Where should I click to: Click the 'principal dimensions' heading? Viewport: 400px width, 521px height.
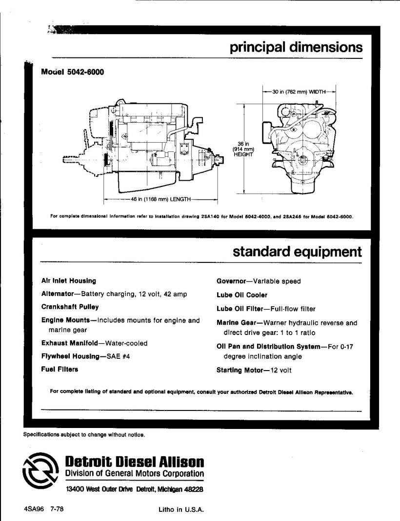[296, 48]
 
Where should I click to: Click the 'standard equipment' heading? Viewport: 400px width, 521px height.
[297, 252]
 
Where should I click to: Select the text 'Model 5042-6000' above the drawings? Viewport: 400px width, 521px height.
[73, 73]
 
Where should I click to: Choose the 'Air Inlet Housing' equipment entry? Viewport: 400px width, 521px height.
[69, 281]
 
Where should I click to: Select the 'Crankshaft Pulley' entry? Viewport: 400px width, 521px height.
[70, 307]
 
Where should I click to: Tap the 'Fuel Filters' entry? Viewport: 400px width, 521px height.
[60, 370]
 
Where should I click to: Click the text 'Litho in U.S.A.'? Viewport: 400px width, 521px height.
[180, 511]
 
